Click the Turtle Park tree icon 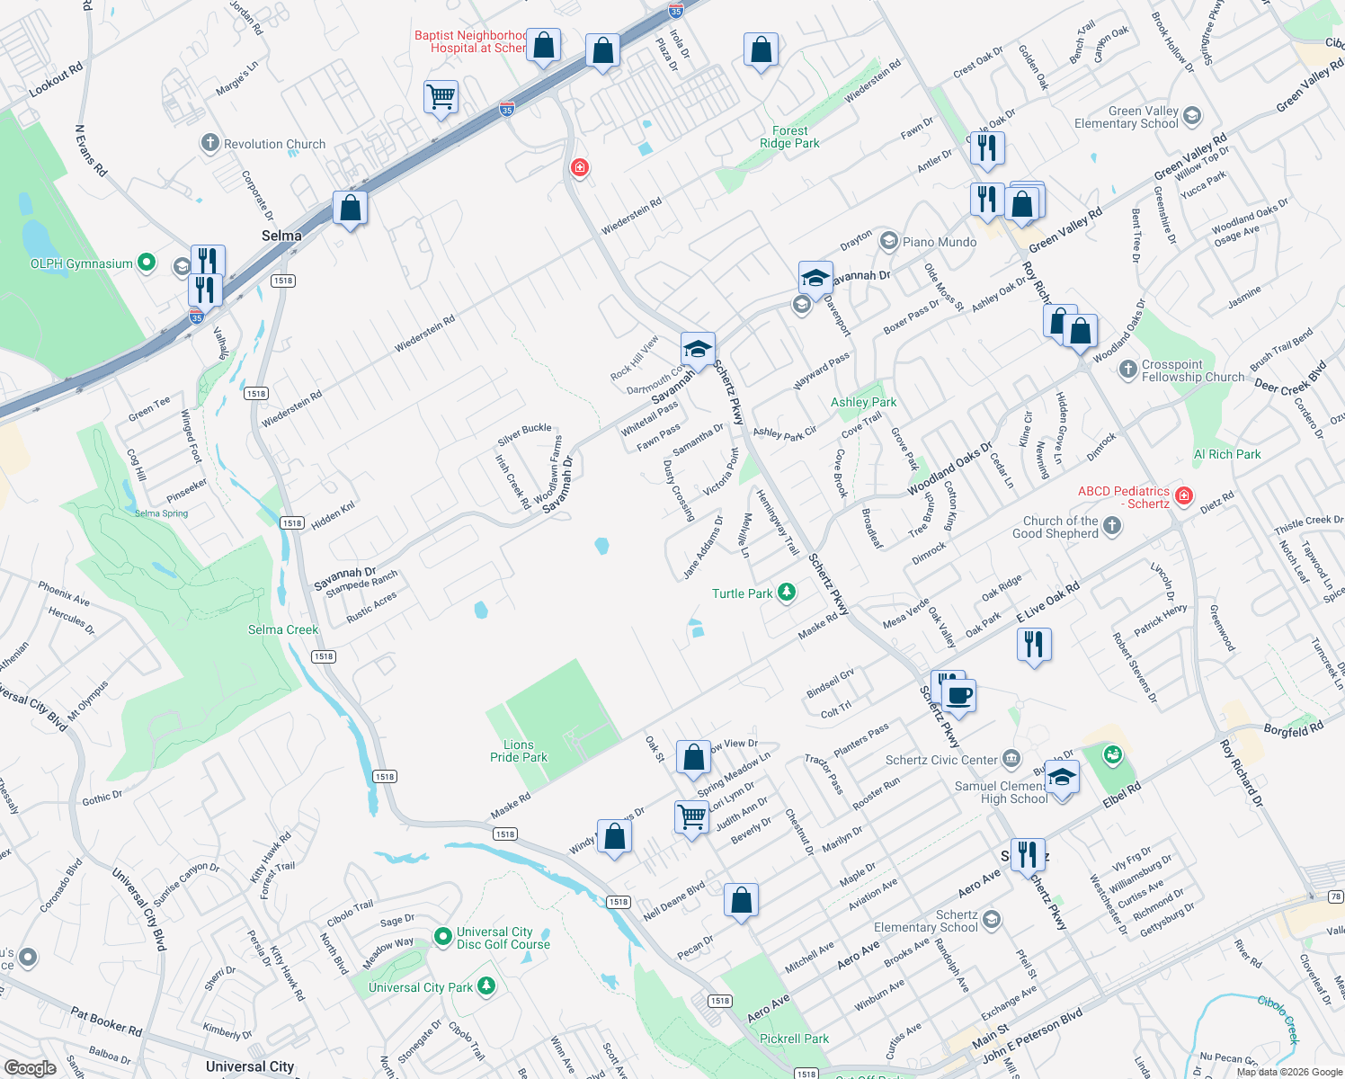coord(787,592)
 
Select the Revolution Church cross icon coord(209,143)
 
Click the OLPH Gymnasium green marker coord(147,263)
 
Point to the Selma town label coord(281,236)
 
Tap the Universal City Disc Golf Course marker coord(442,937)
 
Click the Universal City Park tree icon coord(486,986)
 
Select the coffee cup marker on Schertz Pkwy coord(958,695)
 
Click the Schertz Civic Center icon coord(1011,760)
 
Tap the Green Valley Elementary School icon coord(1192,116)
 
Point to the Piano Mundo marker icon coord(889,241)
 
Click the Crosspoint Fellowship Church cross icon coord(1128,370)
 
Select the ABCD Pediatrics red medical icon coord(1184,496)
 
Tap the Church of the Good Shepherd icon coord(1112,526)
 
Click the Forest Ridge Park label coord(789,137)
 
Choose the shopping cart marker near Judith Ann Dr coord(691,816)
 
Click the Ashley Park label coord(863,402)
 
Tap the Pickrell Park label coord(794,1039)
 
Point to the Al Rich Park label coord(1227,454)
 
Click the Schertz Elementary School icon coord(992,919)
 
